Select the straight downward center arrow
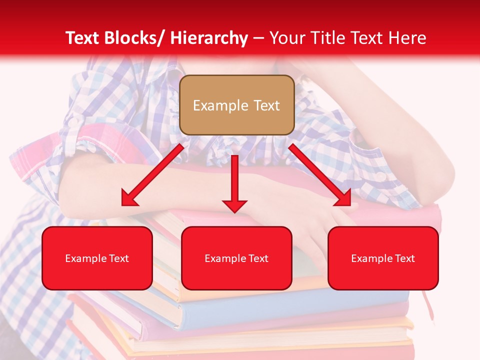point(234,180)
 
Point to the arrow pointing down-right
point(320,175)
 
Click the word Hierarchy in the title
point(209,38)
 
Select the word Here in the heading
point(407,38)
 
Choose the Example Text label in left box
point(97,258)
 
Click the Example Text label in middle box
point(236,258)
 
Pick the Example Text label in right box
point(383,258)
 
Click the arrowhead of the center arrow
point(234,205)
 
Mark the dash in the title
point(259,38)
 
